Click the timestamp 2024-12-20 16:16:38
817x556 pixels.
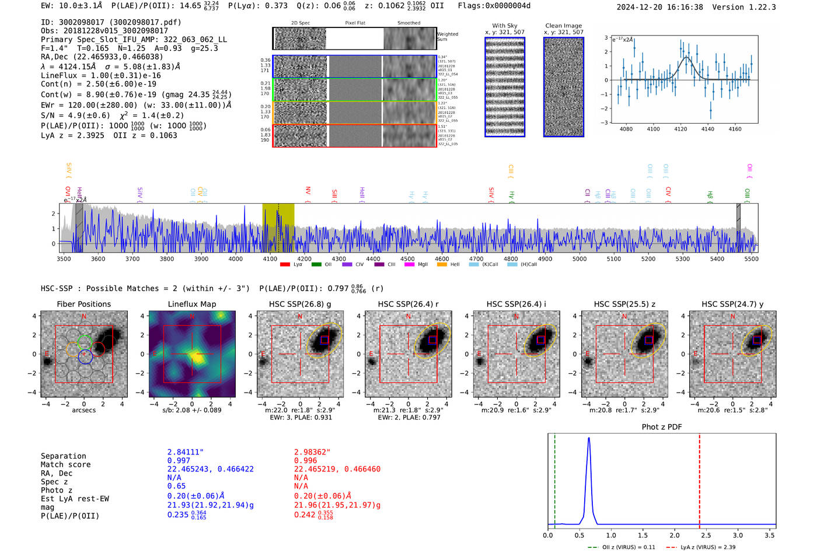pos(660,7)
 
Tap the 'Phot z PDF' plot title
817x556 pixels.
pos(662,427)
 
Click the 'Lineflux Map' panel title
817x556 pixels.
pos(192,304)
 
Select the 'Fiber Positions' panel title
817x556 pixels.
pos(83,304)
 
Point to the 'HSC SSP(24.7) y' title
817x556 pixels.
pos(732,304)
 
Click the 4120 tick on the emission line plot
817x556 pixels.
pos(680,129)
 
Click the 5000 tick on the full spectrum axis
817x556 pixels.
pos(579,259)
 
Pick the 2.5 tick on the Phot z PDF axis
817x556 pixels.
pos(706,535)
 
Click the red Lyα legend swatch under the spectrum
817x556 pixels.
pos(285,265)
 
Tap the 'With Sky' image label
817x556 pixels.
pos(505,26)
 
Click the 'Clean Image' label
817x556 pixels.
pos(563,26)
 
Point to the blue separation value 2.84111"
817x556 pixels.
pos(186,452)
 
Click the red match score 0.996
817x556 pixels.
pos(306,461)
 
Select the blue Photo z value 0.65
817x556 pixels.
pos(176,486)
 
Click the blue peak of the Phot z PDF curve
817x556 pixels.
pos(589,438)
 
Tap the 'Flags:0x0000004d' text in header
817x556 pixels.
pos(494,6)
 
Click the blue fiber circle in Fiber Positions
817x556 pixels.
pos(85,357)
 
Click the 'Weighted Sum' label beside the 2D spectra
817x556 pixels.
pos(448,37)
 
